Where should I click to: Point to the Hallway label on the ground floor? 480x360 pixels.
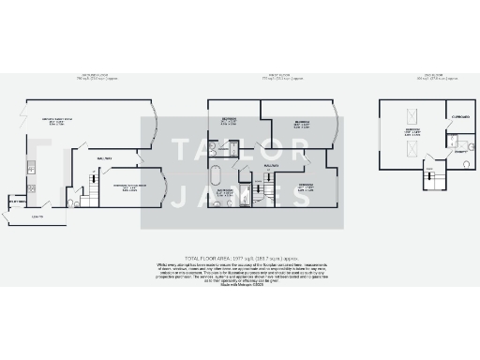tap(104, 159)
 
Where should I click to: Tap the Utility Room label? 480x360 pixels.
tap(15, 202)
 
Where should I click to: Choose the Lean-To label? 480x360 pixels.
tap(37, 217)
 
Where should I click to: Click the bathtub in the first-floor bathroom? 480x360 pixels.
tap(215, 174)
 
